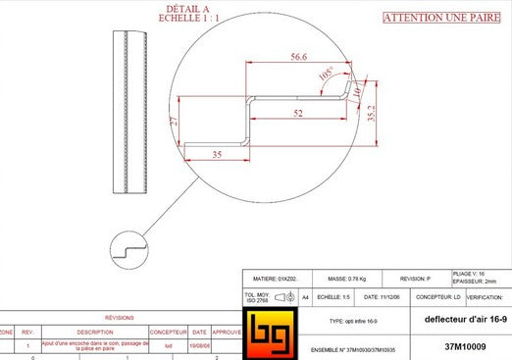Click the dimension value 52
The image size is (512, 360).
coord(297,115)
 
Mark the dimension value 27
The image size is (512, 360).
coord(174,122)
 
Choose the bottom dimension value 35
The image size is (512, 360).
coord(217,155)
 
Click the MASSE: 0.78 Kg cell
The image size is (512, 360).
coord(345,279)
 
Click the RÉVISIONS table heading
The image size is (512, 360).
coord(120,318)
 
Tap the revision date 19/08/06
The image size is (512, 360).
coord(199,345)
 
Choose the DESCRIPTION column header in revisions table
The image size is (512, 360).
coord(95,332)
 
